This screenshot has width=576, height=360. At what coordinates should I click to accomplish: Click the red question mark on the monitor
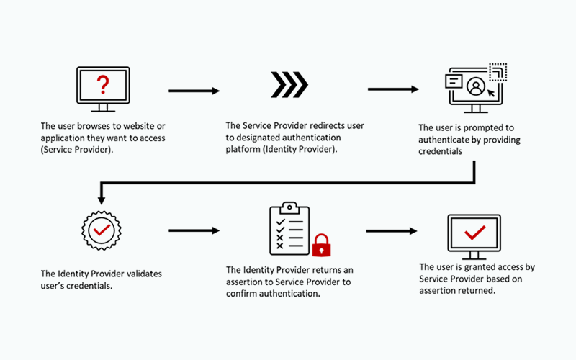[x=103, y=85]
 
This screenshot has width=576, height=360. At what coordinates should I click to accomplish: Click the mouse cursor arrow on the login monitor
[x=492, y=92]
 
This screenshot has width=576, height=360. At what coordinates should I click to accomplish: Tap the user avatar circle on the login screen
[x=475, y=86]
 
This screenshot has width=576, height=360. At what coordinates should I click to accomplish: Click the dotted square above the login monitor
[x=498, y=71]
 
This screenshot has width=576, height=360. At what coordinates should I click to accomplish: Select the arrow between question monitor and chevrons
[x=194, y=91]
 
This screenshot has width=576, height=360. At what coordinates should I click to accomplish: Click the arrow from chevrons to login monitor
[x=393, y=90]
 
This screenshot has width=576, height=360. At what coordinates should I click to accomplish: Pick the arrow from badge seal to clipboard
[x=194, y=231]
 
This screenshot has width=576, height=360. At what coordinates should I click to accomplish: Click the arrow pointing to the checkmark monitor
[x=392, y=231]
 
